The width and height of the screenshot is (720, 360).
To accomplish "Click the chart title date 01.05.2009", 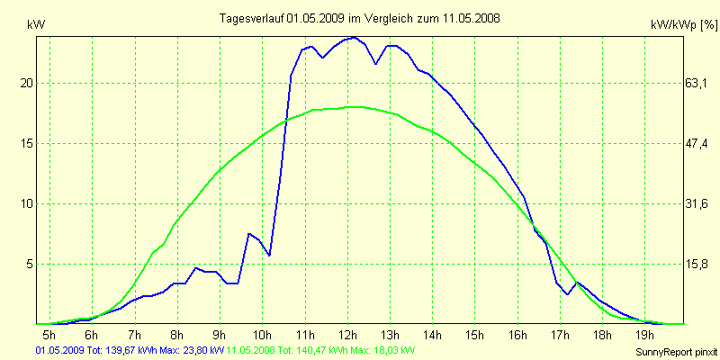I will coord(315,18).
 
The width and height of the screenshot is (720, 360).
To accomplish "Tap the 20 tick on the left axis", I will coord(26,83).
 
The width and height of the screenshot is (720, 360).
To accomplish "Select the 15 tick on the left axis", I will coord(26,143).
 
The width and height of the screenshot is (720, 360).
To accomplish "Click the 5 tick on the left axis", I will coord(29,264).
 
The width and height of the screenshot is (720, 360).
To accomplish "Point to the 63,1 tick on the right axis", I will coord(697,83).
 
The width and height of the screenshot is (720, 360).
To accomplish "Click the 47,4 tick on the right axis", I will coord(697,143).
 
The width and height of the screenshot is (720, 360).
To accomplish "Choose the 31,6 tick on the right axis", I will coord(697,203).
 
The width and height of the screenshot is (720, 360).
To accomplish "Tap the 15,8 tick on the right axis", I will coord(697,264).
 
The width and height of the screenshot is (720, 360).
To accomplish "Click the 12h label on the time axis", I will coord(348,336).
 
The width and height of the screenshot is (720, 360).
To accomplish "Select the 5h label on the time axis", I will coord(49,336).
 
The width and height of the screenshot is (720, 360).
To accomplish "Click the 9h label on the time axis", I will coord(220,336).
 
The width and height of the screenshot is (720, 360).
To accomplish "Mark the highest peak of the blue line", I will coord(355,38).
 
